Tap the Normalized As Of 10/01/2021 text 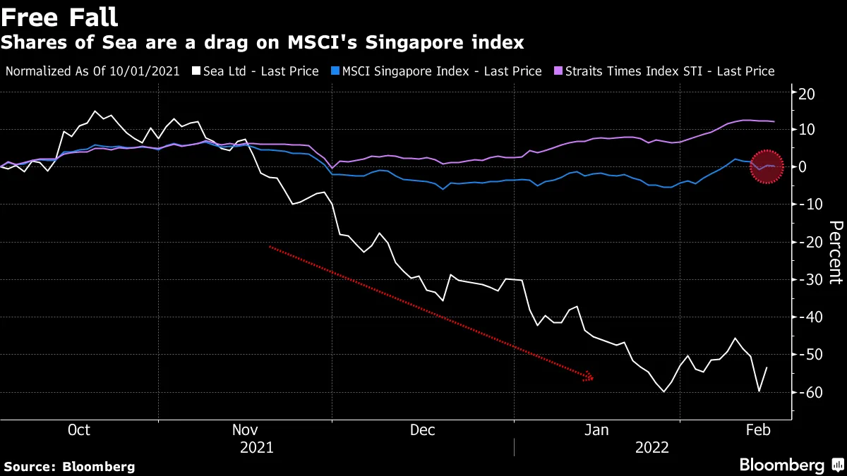coord(92,71)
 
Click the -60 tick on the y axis coord(804,393)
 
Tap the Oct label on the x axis coord(78,430)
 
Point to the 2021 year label coord(257,448)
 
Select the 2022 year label coord(653,448)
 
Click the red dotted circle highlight coord(767,167)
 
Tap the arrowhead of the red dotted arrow coord(590,378)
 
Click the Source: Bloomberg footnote coord(69,466)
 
